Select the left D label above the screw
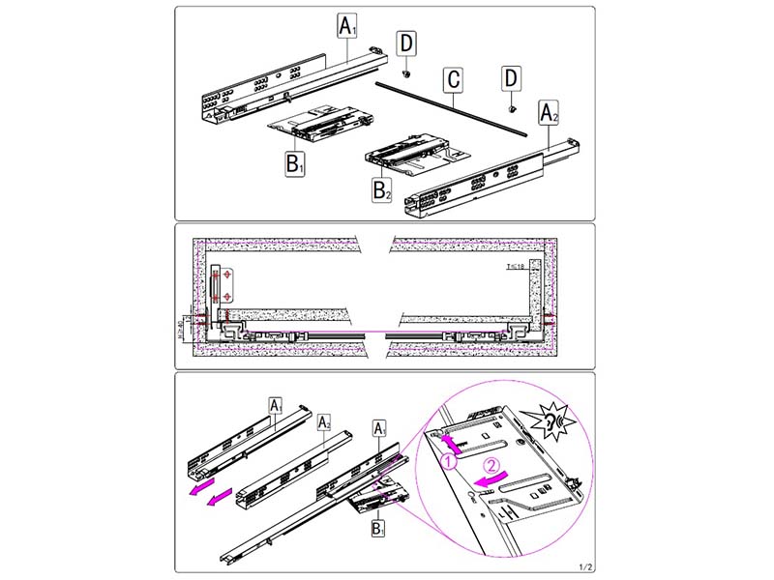pos(408,42)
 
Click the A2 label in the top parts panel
pos(549,113)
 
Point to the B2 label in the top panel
pos(383,188)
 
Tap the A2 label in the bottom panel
pos(324,423)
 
